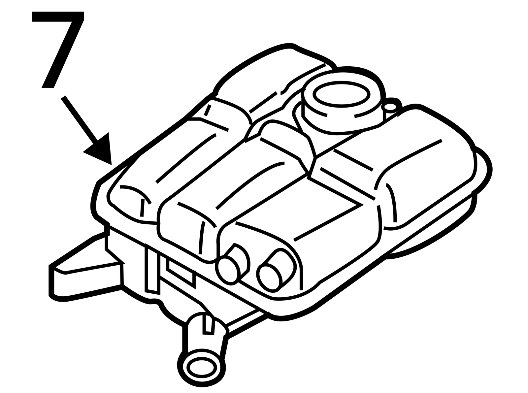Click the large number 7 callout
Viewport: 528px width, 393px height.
pyautogui.click(x=58, y=48)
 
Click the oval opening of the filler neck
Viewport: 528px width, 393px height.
pyautogui.click(x=341, y=94)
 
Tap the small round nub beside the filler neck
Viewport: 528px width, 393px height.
pyautogui.click(x=391, y=107)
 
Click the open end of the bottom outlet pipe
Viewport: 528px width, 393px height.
pyautogui.click(x=202, y=367)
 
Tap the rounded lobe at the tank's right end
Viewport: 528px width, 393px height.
pyautogui.click(x=426, y=167)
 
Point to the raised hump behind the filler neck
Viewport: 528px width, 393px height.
pyautogui.click(x=274, y=79)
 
